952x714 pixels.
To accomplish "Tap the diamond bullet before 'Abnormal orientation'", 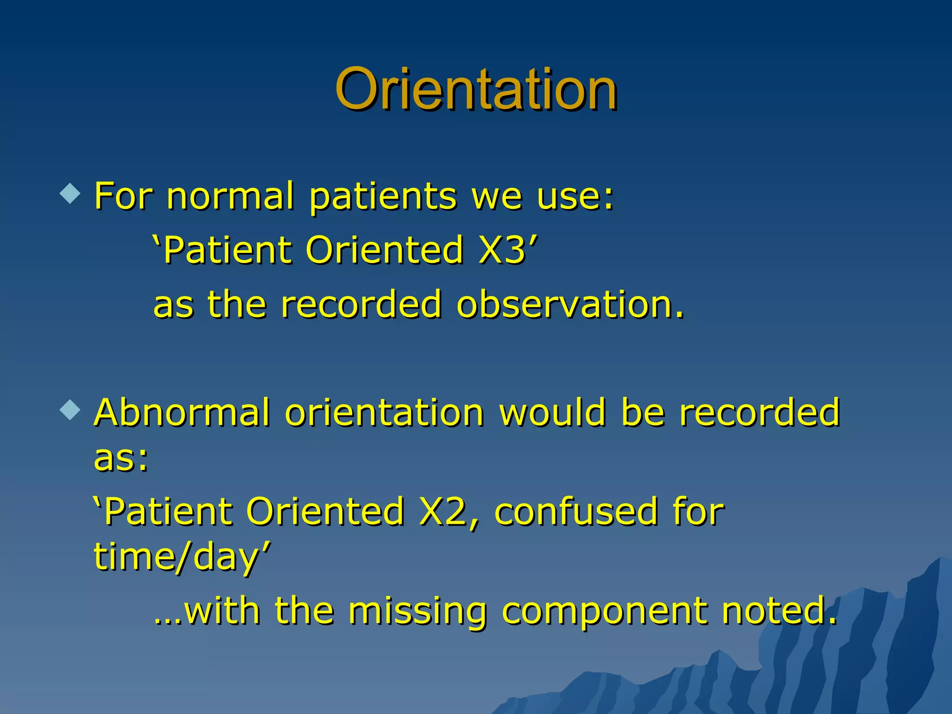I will point(70,410).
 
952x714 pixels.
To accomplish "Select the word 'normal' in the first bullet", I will point(230,196).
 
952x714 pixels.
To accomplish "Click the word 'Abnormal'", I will point(182,412).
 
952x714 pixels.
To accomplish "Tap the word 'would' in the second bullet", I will point(553,412).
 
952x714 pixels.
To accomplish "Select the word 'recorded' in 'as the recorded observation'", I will point(361,304).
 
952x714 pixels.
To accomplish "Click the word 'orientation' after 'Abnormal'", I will point(384,412).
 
